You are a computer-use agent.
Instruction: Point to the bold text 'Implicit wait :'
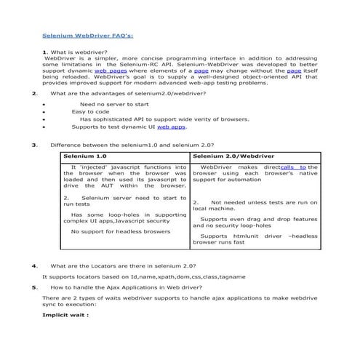65,316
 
